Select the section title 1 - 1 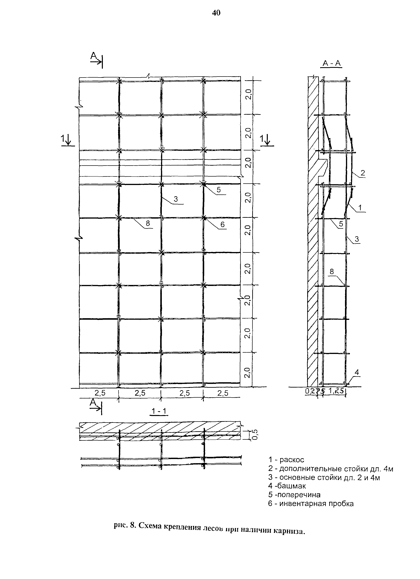pos(159,411)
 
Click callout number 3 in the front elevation pos(176,199)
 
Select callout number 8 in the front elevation pos(148,224)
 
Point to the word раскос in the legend pos(292,460)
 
